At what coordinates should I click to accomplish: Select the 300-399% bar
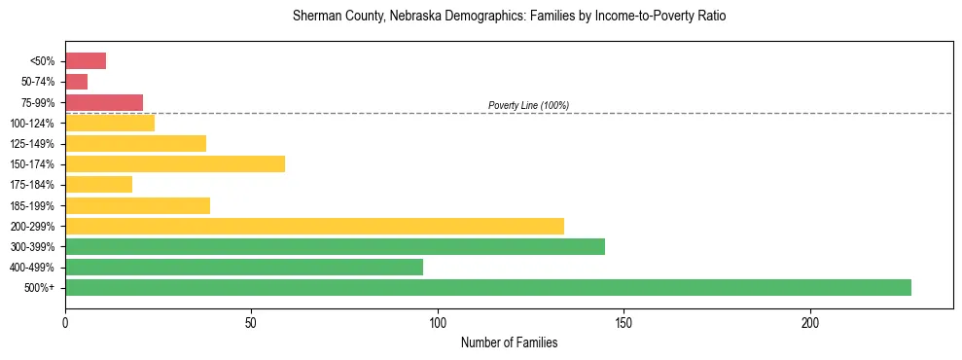[335, 246]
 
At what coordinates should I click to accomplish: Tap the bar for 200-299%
[314, 226]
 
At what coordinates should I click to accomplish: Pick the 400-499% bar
[244, 267]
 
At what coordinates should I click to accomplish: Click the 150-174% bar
[175, 163]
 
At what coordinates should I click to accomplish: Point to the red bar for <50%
[86, 60]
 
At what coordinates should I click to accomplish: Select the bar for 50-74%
[77, 82]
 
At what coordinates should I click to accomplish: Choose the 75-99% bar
[104, 102]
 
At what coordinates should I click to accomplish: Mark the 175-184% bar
[98, 184]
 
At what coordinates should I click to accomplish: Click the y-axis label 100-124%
[32, 124]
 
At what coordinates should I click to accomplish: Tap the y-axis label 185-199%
[32, 205]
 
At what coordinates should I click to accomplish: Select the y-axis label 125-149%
[32, 144]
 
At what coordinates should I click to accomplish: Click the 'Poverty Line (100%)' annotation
[528, 105]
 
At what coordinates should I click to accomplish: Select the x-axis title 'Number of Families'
[509, 343]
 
